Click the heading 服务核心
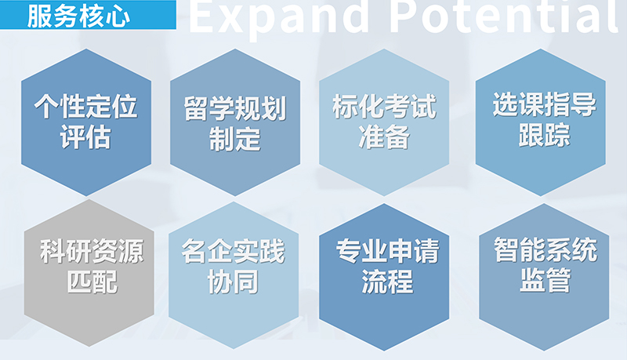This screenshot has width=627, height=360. (x=78, y=16)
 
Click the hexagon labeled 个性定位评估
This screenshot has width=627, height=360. (x=85, y=122)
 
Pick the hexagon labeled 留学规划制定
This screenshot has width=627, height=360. (x=234, y=122)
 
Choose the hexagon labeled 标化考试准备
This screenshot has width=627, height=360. (x=383, y=122)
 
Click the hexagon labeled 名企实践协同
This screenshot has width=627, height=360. (x=234, y=267)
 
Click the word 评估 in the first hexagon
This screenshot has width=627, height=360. (x=85, y=137)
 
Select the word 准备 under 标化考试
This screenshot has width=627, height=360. (x=383, y=137)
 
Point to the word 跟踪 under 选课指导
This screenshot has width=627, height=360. (x=543, y=134)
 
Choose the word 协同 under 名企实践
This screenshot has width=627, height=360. (x=234, y=281)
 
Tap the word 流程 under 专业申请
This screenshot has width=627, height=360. (x=386, y=281)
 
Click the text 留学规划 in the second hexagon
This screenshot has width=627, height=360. (x=234, y=108)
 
